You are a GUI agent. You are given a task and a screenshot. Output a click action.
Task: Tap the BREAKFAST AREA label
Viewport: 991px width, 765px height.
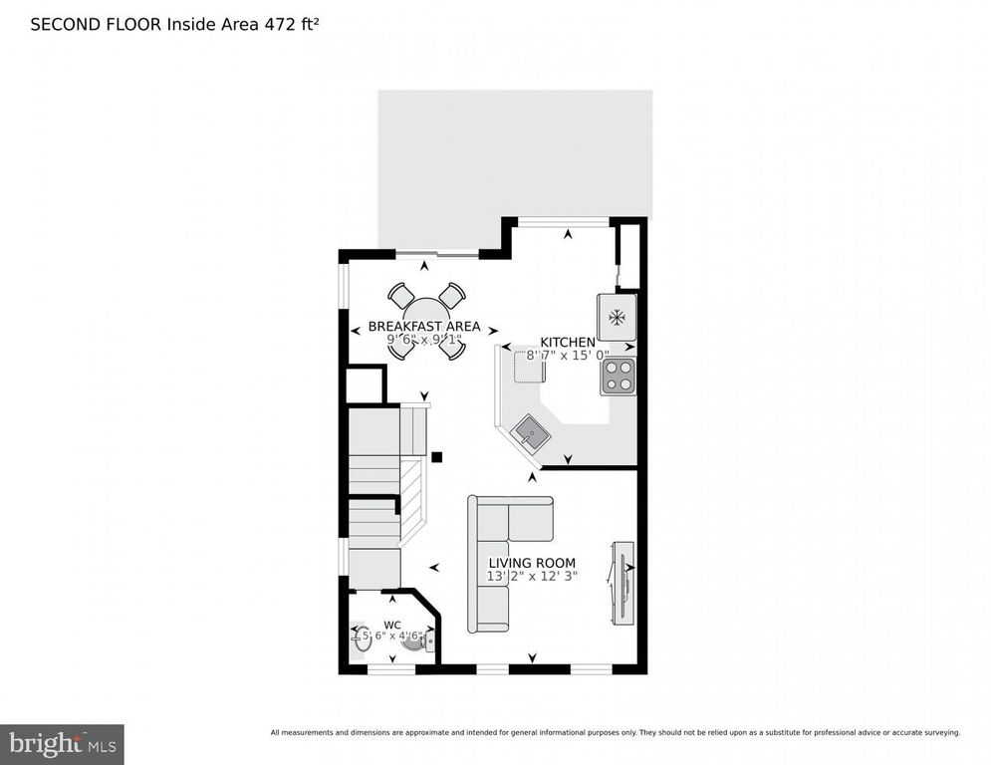[x=424, y=326]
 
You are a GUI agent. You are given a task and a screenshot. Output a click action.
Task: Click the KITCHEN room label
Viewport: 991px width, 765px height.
[x=568, y=342]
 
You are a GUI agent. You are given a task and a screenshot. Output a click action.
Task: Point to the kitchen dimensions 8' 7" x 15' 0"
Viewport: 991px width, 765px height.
[x=561, y=355]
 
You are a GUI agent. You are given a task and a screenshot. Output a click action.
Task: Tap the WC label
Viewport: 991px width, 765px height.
[x=392, y=625]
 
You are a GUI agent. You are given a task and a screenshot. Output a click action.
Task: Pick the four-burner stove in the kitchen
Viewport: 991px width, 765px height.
[x=618, y=376]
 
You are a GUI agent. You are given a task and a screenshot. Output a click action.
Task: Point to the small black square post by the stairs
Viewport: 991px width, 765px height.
[x=436, y=457]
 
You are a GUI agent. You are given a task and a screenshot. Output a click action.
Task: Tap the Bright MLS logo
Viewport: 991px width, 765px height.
[x=62, y=744]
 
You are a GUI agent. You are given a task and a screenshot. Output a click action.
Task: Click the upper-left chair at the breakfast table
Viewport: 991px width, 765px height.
[x=400, y=296]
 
